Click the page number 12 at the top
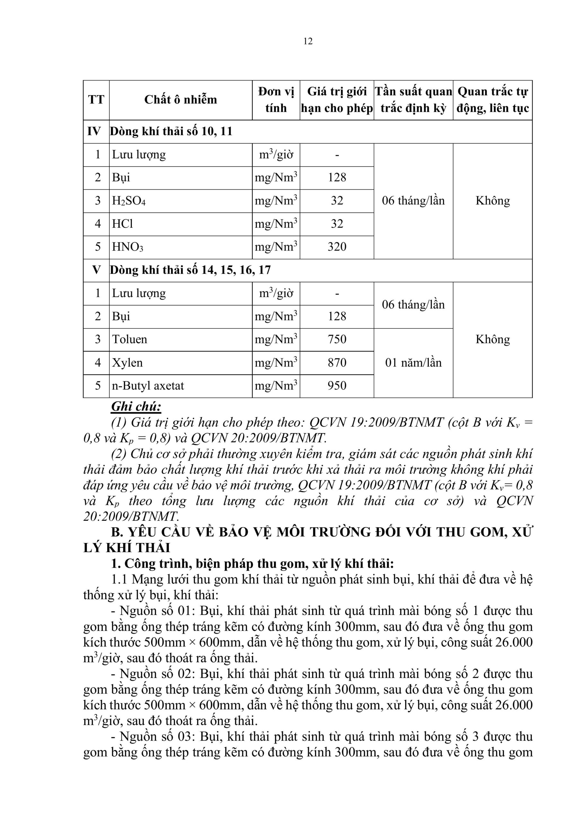click(x=308, y=41)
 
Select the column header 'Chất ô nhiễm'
click(x=180, y=100)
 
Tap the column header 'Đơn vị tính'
click(x=276, y=100)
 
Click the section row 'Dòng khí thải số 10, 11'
click(x=171, y=131)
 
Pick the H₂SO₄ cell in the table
click(x=129, y=200)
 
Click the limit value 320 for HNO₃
click(x=336, y=247)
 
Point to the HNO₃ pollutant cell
click(x=127, y=247)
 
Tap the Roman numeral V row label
click(x=96, y=270)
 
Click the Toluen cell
click(x=130, y=339)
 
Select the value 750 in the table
click(x=336, y=339)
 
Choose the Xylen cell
click(x=127, y=363)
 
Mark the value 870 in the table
click(x=336, y=363)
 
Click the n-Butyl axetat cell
click(x=148, y=386)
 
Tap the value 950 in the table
click(x=336, y=386)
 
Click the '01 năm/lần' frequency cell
click(x=413, y=363)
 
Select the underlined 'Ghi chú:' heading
click(x=136, y=407)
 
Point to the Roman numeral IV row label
click(x=94, y=131)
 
